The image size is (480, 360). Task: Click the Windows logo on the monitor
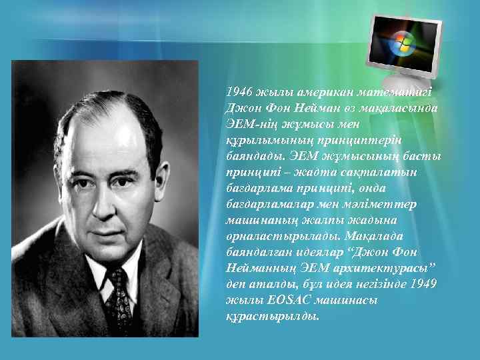click(402, 42)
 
